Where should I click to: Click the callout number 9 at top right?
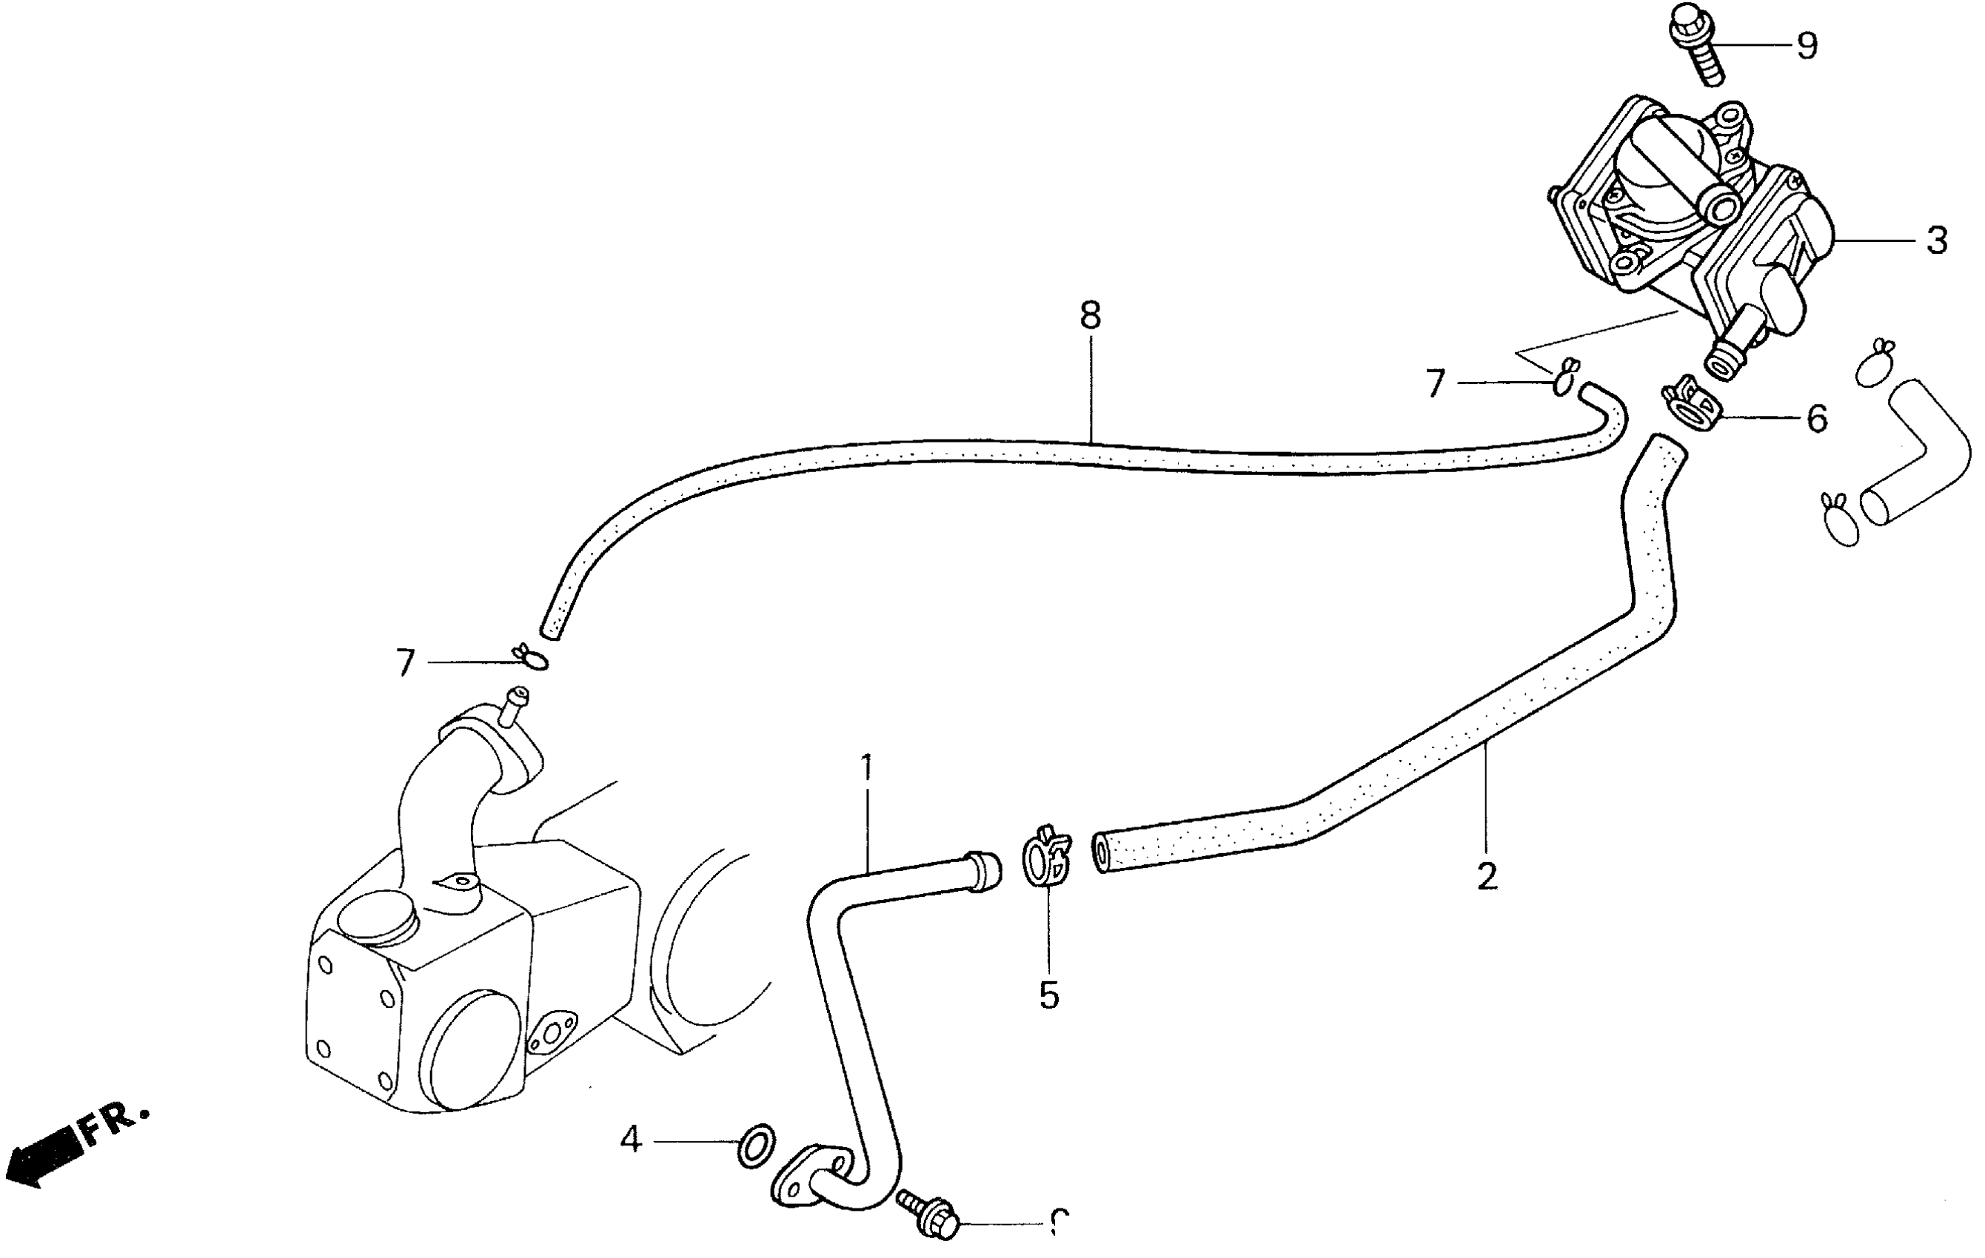point(1806,47)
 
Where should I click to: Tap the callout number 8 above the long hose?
point(1090,315)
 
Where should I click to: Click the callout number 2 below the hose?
point(1486,877)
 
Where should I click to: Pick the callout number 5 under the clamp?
point(1048,995)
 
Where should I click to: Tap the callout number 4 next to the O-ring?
point(631,1140)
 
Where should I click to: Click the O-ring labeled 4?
point(756,1145)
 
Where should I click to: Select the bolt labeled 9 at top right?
point(1696,45)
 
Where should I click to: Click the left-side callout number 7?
point(405,663)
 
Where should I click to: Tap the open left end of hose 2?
point(1101,853)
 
